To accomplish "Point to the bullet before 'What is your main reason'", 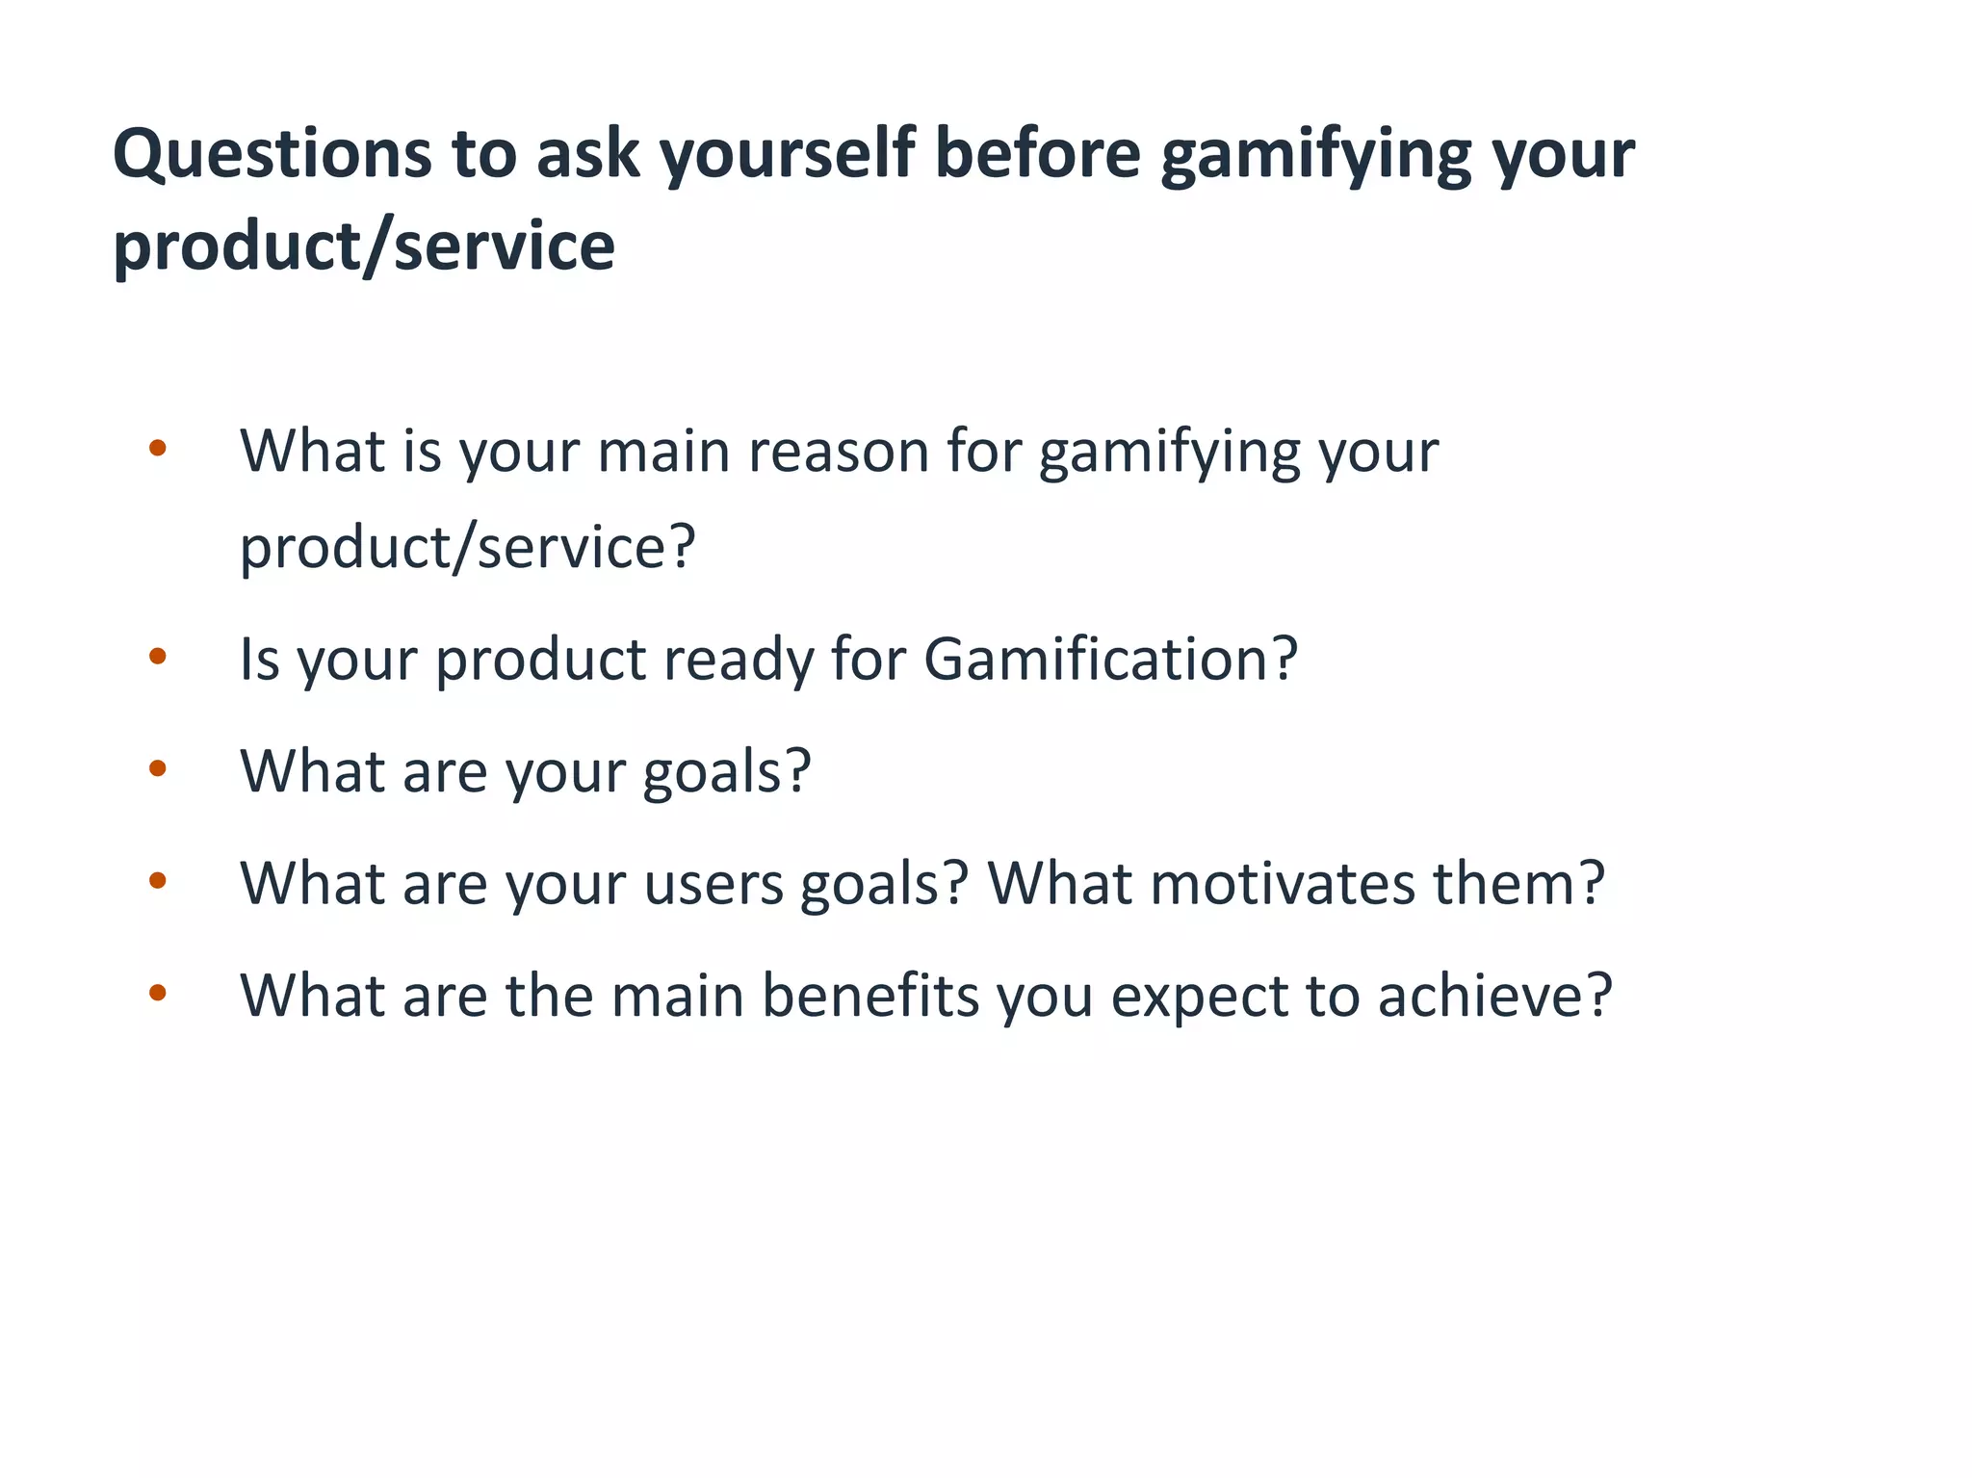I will click(158, 448).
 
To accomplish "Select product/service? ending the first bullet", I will click(467, 548).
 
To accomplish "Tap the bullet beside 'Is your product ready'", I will click(158, 657).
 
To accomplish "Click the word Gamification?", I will click(1110, 660).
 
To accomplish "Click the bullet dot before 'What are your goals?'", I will click(158, 768).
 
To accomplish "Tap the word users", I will click(714, 884).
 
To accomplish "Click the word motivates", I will click(1283, 884).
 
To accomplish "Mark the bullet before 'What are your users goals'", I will click(158, 880).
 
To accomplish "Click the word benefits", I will click(869, 996).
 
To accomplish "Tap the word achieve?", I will click(1494, 996).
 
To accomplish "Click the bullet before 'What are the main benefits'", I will click(158, 992).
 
